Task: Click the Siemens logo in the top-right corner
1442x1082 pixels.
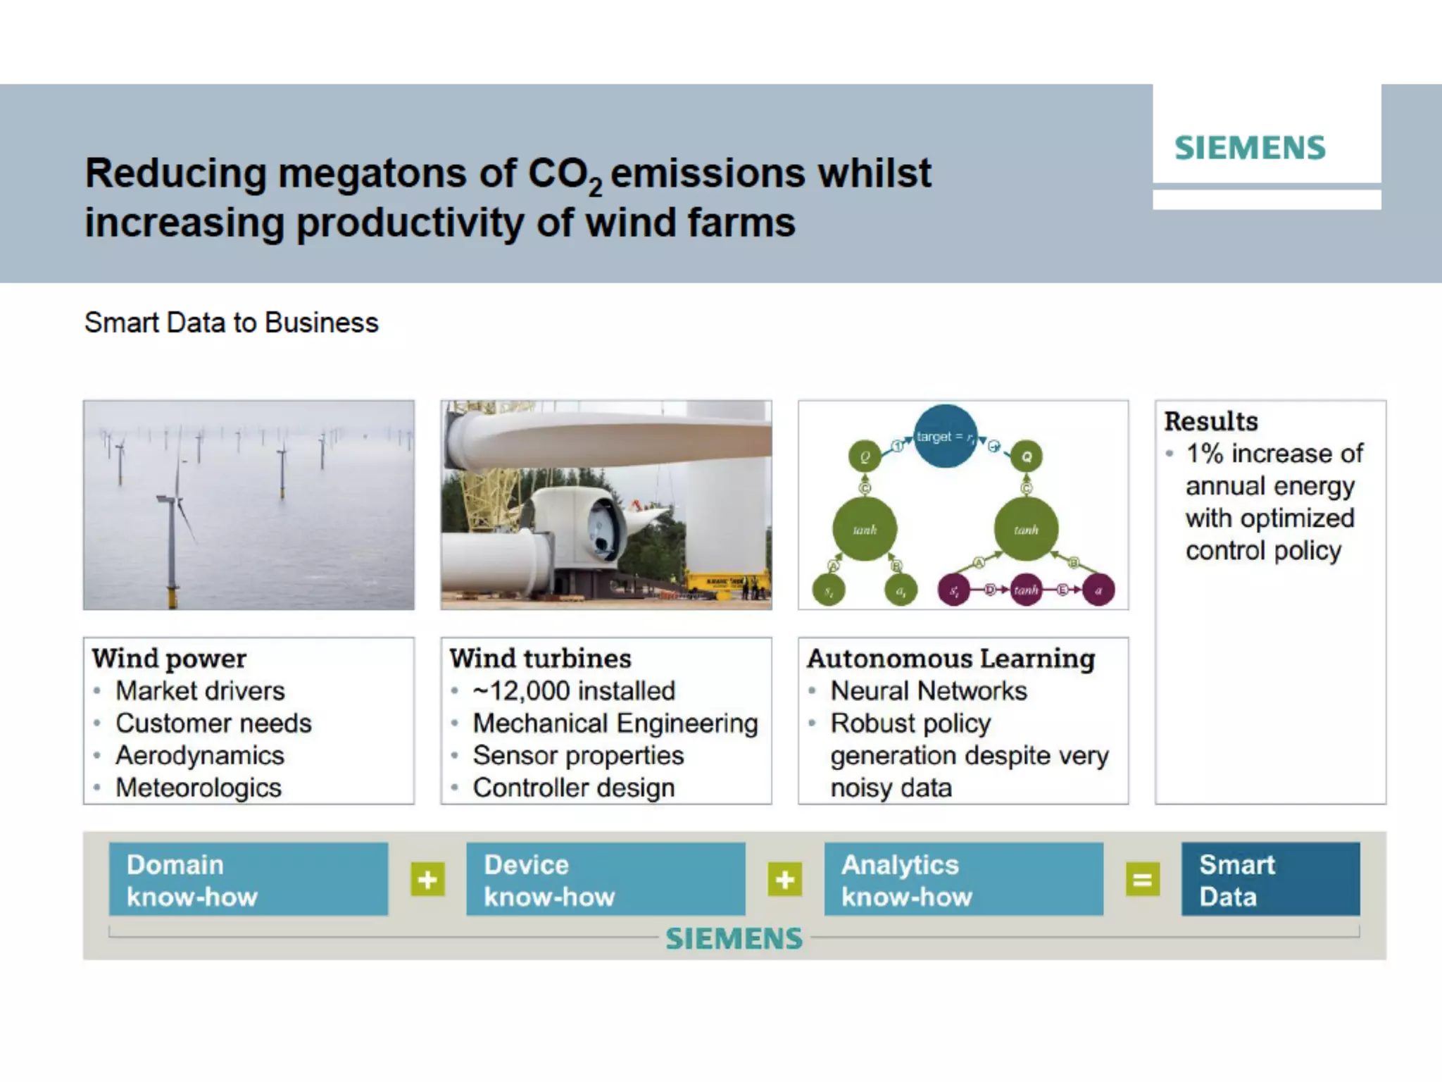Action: pos(1250,148)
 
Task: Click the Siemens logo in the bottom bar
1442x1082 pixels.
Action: pos(734,938)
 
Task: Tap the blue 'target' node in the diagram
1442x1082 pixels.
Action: pos(945,436)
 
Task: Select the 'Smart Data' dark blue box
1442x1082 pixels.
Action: pos(1270,879)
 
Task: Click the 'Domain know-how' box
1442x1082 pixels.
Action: pos(248,879)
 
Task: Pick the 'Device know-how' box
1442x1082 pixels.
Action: pos(606,879)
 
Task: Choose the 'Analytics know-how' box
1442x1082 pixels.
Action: pos(963,879)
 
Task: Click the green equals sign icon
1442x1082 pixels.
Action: pos(1142,879)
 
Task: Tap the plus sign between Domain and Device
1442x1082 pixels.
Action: pos(427,879)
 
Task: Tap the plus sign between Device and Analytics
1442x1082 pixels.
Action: pos(784,879)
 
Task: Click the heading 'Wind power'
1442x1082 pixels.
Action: pos(169,659)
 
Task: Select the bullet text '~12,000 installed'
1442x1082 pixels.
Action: pos(574,691)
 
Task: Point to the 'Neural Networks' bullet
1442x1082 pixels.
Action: pos(928,691)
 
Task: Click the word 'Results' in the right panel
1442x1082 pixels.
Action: pos(1211,421)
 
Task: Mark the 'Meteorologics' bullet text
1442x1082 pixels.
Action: pos(199,788)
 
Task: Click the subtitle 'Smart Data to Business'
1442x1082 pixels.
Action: pos(231,323)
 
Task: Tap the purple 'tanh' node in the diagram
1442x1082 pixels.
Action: pos(1026,590)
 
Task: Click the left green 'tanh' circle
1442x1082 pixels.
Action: pos(865,529)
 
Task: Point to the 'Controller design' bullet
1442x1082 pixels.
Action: pos(574,788)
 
